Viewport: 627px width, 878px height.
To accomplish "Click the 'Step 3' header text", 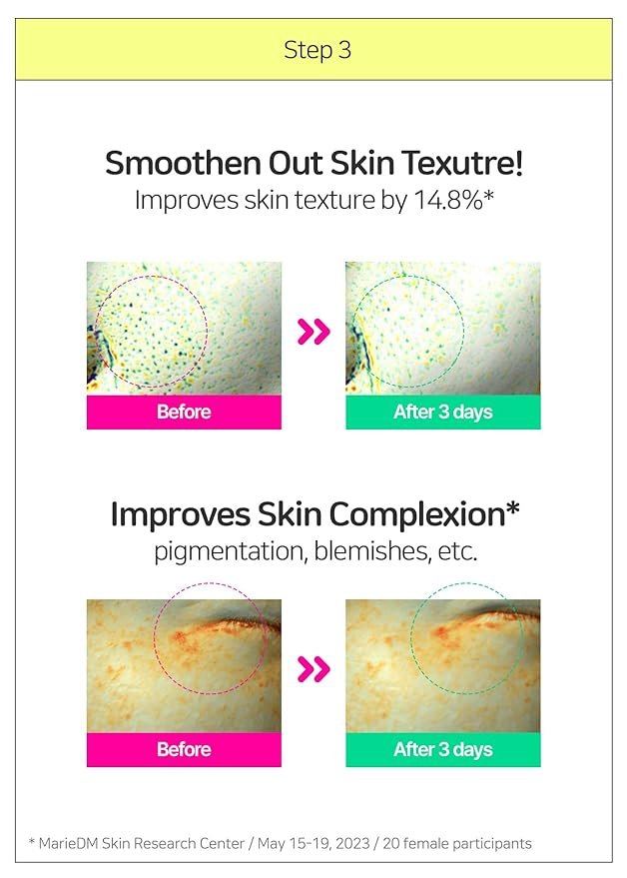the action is tap(317, 50).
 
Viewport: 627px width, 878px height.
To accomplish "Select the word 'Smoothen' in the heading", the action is tap(183, 163).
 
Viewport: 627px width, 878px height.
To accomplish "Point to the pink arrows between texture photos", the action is tap(313, 332).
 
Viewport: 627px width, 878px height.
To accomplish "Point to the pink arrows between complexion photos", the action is tap(313, 669).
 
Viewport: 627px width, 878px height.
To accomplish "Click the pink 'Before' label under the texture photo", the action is tap(184, 413).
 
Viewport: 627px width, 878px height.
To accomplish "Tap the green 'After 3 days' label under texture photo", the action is tap(443, 413).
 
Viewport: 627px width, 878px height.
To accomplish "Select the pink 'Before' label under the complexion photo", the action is tap(184, 750).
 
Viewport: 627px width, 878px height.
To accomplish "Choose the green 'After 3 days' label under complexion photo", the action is tap(443, 750).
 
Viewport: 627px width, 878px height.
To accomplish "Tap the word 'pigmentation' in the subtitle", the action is tap(230, 551).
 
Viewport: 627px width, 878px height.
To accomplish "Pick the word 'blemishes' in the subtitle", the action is tap(372, 551).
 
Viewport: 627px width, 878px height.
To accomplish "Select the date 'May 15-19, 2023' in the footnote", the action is tap(313, 844).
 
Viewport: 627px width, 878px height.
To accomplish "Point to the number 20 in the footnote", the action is tap(390, 843).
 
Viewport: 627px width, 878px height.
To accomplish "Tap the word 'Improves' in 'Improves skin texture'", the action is tap(187, 201).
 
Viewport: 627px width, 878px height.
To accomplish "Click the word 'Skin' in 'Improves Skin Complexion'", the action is tap(289, 514).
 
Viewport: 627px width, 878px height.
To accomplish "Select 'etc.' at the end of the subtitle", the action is tap(458, 551).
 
